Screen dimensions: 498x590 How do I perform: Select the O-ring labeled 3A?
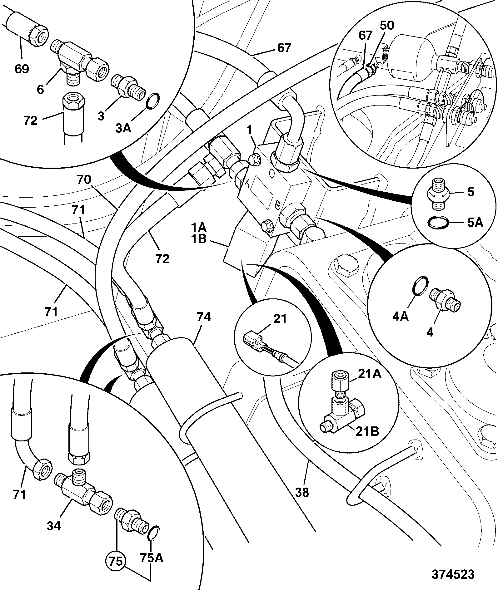point(153,102)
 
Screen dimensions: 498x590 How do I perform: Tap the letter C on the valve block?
point(272,174)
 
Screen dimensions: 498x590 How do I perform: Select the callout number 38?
point(301,492)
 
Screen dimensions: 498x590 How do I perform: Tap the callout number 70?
point(84,179)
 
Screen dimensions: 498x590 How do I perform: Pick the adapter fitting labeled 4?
point(445,300)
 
